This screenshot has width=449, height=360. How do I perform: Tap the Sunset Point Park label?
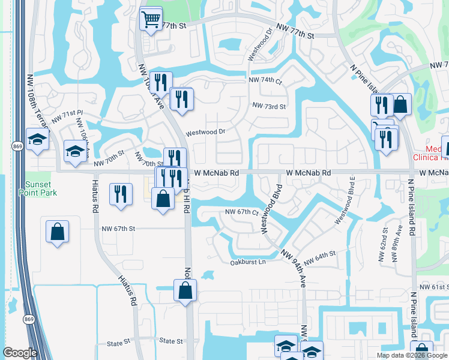41,188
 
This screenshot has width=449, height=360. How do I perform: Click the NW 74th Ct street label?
265,80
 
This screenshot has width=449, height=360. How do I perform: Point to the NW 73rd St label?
270,106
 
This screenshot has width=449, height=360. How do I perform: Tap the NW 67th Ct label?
241,212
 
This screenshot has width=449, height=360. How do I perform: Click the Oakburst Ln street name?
247,262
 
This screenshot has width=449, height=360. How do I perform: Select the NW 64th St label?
319,260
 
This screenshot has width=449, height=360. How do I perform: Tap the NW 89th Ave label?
397,244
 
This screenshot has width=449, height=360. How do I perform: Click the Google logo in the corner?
20,353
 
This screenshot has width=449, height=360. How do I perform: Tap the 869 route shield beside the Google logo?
27,319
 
